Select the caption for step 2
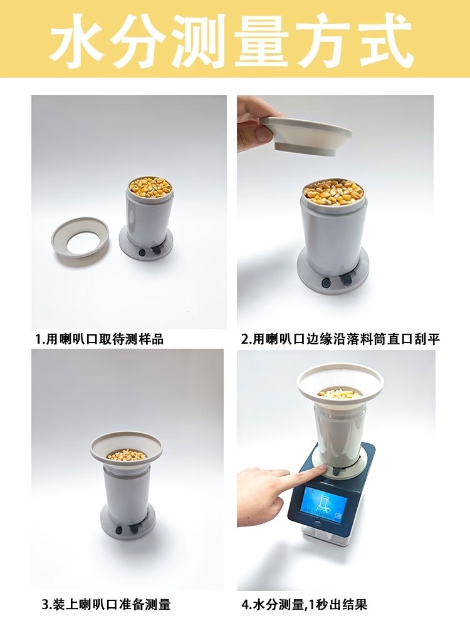pos(340,339)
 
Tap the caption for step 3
pos(106,604)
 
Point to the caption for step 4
pos(304,604)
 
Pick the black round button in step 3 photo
pos(119,530)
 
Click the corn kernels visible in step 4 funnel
pos(339,394)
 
